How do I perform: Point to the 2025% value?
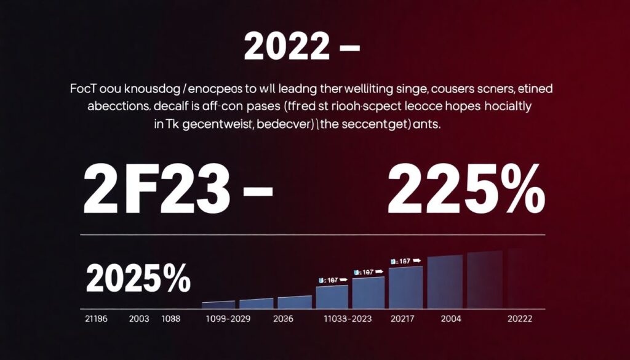pos(138,279)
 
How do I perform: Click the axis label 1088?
pos(171,319)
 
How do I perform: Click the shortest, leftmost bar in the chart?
pos(218,304)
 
